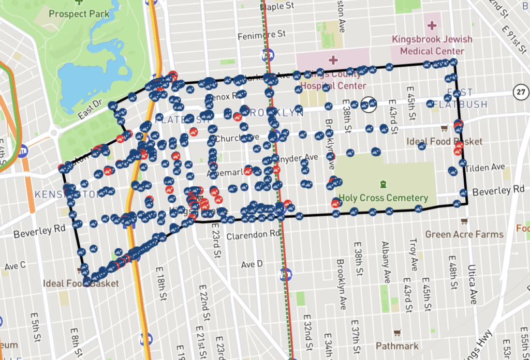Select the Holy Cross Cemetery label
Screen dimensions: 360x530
tap(383, 198)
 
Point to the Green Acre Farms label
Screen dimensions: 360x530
tap(464, 234)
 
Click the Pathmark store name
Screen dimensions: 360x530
tap(397, 345)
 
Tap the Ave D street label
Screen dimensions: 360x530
tap(252, 264)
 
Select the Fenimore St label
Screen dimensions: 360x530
tap(261, 35)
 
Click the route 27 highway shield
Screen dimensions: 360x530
tap(520, 92)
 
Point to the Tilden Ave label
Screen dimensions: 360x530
tap(484, 168)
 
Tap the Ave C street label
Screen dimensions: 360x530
tap(16, 266)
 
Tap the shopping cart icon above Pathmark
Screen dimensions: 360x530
tap(397, 333)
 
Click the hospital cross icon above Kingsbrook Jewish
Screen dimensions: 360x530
tap(431, 25)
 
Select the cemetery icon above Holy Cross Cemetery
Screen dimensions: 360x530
tap(383, 184)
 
